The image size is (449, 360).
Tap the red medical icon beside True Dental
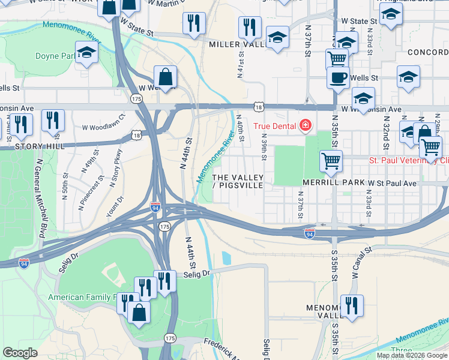tap(306, 125)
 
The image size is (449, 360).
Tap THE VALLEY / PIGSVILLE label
tap(238, 181)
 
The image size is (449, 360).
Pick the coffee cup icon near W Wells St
tap(338, 77)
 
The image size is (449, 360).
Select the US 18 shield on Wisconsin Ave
tap(259, 106)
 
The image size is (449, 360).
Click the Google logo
tap(20, 353)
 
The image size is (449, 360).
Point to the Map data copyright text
tap(411, 355)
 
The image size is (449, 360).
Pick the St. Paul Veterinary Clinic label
tap(408, 160)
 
